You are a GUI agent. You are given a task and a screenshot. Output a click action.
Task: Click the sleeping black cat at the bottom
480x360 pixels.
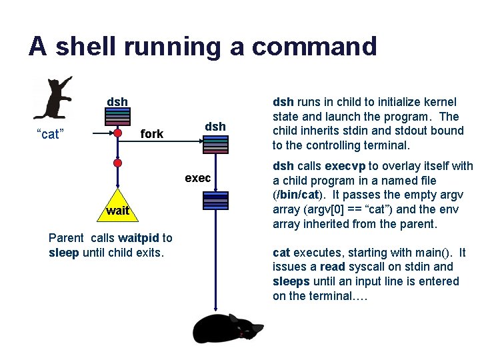point(227,327)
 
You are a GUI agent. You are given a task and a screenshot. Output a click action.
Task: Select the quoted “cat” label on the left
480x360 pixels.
point(49,135)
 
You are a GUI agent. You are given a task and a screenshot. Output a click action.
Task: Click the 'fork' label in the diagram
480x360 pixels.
point(152,134)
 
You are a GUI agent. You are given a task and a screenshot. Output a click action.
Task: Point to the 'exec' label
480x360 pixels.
point(198,178)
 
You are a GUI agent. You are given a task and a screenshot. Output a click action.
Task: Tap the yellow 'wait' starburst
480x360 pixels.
point(117,211)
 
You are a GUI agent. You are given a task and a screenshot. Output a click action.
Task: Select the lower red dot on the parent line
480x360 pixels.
point(118,162)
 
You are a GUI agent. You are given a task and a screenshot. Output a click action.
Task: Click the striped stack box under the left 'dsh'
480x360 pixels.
point(117,117)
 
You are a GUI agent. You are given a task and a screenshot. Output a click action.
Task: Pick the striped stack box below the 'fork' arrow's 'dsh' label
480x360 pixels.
point(215,145)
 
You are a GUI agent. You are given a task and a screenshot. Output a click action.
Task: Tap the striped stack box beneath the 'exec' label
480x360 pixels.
point(216,201)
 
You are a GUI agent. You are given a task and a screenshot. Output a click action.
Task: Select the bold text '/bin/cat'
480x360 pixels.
point(297,195)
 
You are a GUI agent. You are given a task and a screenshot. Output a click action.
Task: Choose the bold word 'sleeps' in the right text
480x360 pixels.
point(293,281)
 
